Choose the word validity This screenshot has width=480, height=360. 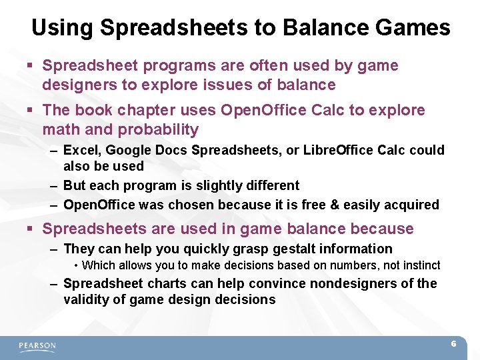[x=87, y=300]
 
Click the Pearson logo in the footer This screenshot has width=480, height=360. [x=37, y=346]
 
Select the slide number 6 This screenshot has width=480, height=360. [x=453, y=344]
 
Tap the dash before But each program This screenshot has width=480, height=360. [x=54, y=185]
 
